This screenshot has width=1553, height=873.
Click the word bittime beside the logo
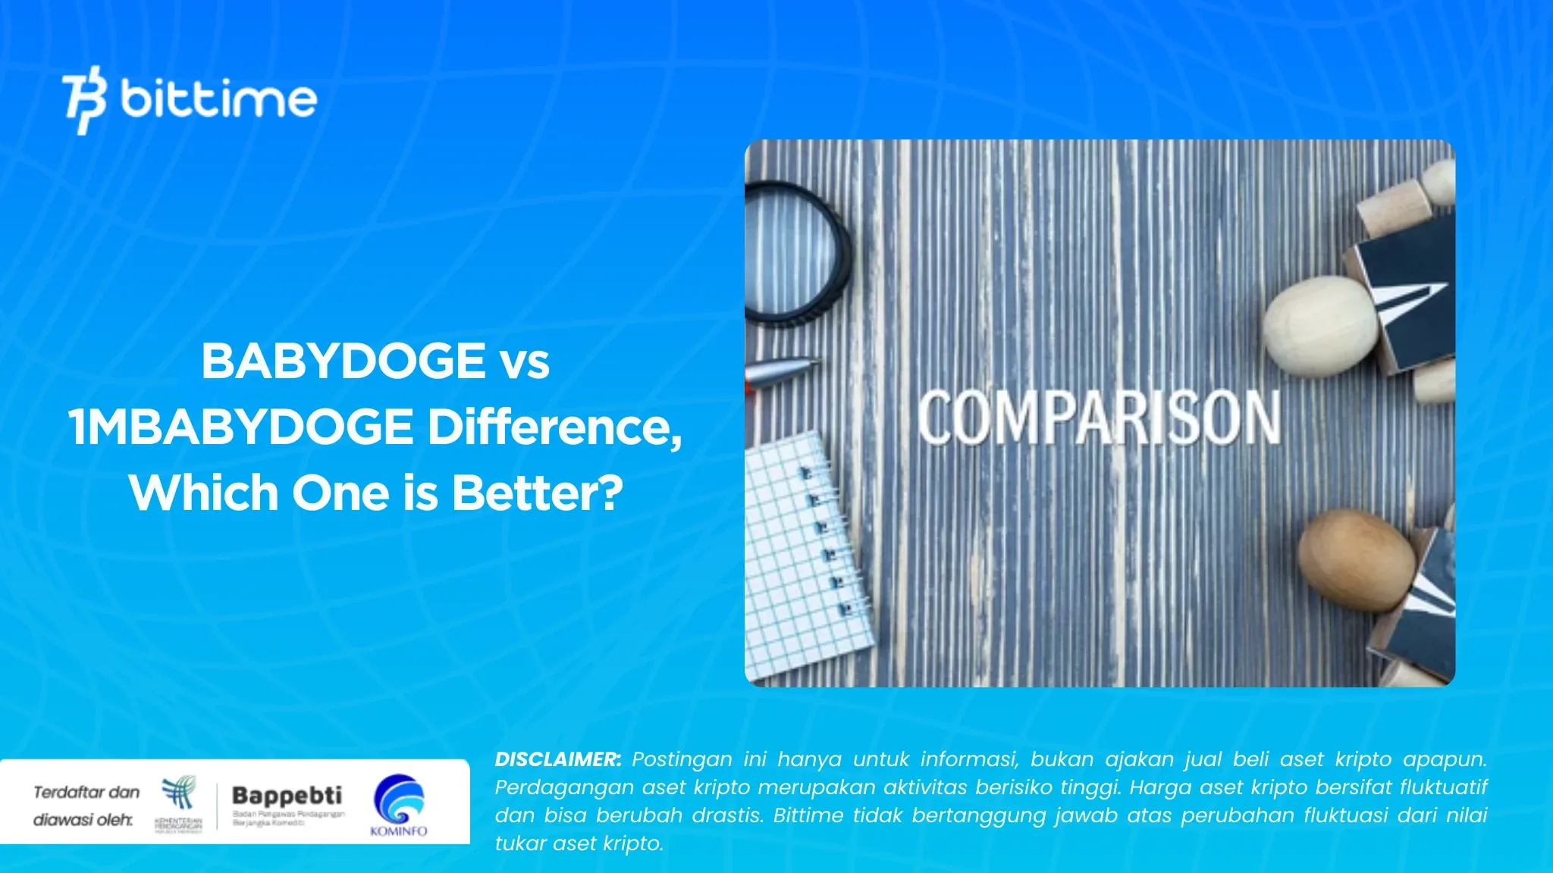[218, 99]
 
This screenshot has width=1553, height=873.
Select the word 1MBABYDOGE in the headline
[241, 427]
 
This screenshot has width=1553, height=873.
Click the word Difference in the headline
[554, 427]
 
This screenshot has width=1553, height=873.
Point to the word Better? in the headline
[538, 493]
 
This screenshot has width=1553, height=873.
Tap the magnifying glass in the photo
[792, 254]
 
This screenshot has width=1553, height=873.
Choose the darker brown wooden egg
[1357, 560]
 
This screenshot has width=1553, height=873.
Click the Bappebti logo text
[287, 796]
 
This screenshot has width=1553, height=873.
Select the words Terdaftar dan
[86, 793]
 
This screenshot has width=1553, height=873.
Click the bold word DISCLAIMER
[557, 759]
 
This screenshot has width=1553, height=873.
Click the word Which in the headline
[205, 493]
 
